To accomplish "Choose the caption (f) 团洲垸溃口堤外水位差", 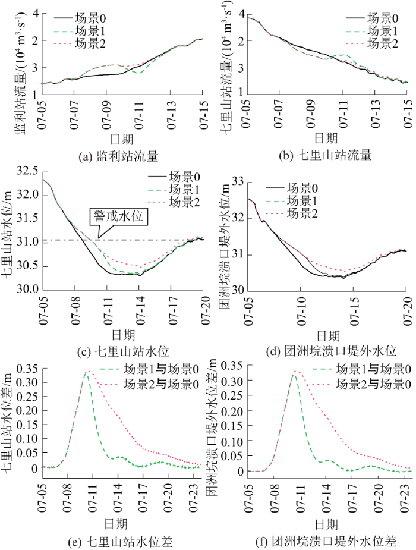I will [x=325, y=541].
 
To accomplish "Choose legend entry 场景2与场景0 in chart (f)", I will [x=371, y=384].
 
